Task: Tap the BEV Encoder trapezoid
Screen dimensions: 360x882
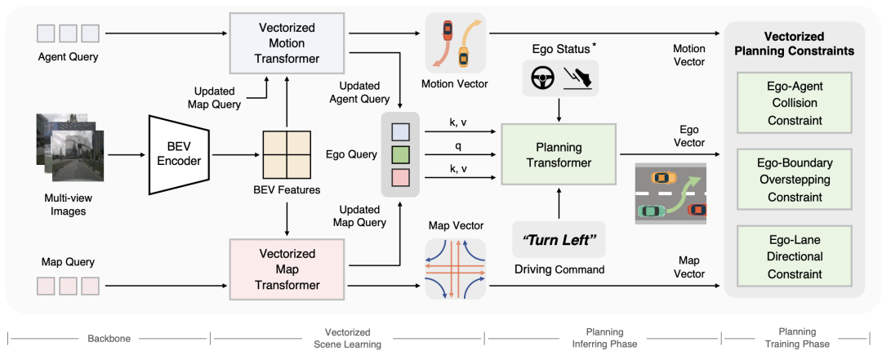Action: tap(176, 154)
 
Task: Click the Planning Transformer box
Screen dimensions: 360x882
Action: tap(559, 155)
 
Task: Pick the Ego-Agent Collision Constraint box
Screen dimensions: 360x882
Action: tap(795, 104)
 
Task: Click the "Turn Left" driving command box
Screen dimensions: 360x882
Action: tap(559, 242)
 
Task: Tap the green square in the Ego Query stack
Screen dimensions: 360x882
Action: tap(400, 154)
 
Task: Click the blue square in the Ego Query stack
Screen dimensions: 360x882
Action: tap(400, 131)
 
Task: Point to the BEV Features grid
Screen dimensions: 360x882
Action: tap(287, 154)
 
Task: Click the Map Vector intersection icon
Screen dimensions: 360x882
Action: tap(456, 269)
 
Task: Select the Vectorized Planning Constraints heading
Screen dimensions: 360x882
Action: tap(795, 44)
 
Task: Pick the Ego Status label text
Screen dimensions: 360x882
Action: tap(559, 49)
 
